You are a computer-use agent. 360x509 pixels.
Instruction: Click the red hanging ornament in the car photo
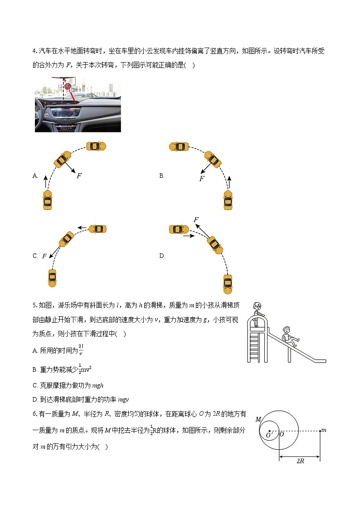[68, 86]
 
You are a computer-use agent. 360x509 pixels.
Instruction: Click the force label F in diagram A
[79, 176]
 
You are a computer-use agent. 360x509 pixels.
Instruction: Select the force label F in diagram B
[202, 179]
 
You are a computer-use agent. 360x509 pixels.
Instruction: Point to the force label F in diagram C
[44, 256]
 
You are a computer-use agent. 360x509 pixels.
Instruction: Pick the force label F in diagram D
[196, 220]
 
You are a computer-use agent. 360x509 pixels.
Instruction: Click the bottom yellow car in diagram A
[47, 200]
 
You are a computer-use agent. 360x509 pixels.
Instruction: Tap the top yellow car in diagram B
[179, 146]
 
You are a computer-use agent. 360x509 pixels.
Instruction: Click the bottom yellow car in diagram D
[228, 284]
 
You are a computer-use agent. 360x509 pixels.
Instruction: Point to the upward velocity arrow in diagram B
[229, 182]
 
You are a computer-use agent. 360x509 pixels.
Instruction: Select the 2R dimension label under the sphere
[300, 461]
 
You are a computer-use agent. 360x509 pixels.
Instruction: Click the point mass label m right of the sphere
[323, 430]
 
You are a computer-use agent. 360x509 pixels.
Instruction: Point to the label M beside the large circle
[258, 420]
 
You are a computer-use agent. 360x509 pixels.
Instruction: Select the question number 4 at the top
[34, 51]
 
